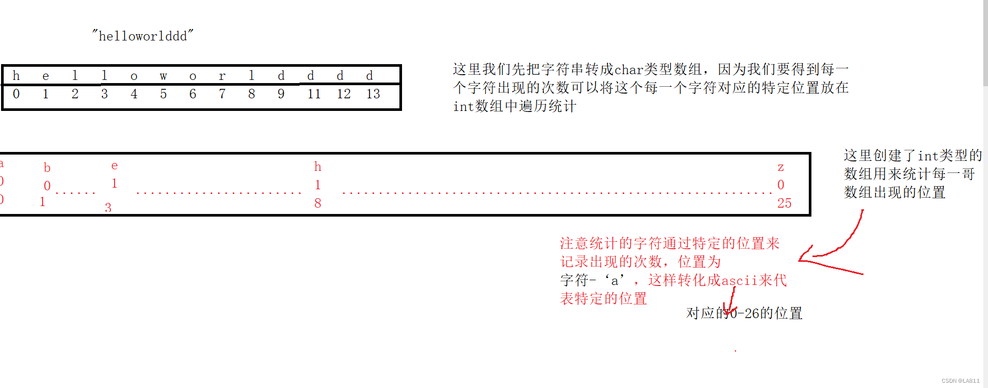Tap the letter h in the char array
(x=16, y=76)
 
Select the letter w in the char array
(x=163, y=76)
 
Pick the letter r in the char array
(x=222, y=76)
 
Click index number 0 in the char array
(x=16, y=94)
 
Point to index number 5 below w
(x=163, y=94)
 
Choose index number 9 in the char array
(x=281, y=94)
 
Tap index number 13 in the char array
(x=373, y=94)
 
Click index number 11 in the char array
(x=314, y=94)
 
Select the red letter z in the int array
(x=780, y=167)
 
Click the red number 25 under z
(x=784, y=203)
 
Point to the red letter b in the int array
(x=47, y=168)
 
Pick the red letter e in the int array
(x=115, y=165)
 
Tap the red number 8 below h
(x=317, y=203)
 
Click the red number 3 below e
(x=108, y=208)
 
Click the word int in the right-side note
(x=928, y=156)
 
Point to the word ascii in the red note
(x=739, y=280)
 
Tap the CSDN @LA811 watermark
(x=960, y=381)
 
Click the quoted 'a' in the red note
(x=614, y=280)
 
